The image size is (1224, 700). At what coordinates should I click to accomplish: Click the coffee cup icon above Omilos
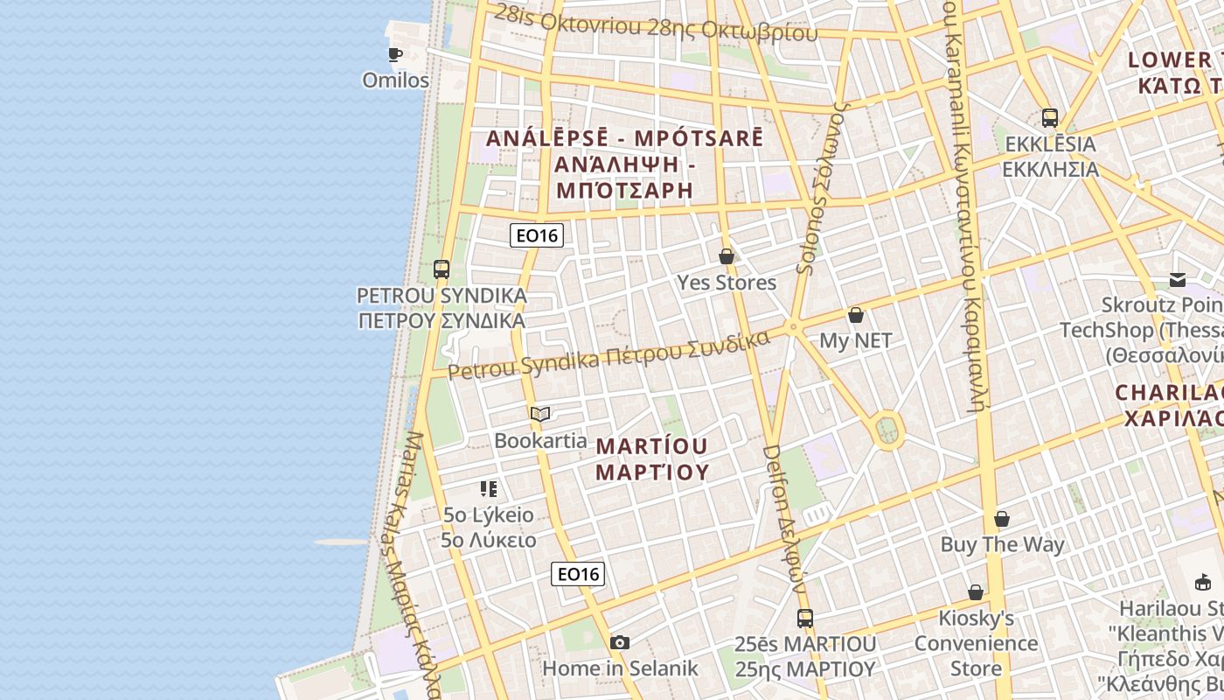click(395, 55)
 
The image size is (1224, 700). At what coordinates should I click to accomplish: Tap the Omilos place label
click(396, 80)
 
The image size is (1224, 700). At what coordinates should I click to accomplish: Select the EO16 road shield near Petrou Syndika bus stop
click(537, 234)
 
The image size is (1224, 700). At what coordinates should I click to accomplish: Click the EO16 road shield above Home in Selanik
click(578, 574)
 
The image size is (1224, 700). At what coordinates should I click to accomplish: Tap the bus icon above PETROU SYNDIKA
click(442, 269)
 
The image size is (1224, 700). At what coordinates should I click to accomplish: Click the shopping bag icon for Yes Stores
click(726, 256)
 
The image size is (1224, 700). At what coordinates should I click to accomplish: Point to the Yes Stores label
click(727, 283)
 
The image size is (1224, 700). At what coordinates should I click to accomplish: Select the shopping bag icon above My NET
click(856, 315)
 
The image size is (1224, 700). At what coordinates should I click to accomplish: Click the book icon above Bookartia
click(540, 414)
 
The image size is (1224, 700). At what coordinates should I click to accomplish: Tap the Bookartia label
click(540, 440)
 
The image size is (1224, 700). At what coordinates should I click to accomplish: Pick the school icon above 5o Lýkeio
click(489, 488)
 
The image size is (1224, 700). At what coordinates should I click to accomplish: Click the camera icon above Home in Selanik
click(620, 643)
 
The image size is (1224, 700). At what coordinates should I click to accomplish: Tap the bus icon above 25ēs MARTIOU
click(805, 619)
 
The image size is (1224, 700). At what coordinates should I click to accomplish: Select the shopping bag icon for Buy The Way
click(1002, 519)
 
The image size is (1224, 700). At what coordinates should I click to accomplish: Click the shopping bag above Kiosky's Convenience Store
click(976, 592)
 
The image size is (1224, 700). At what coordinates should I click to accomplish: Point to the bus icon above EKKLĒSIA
click(1050, 117)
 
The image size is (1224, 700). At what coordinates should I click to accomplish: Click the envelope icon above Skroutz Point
click(1178, 280)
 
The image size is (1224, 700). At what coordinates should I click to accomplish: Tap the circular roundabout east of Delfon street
click(887, 430)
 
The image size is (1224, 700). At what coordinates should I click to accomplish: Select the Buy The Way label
click(1002, 544)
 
